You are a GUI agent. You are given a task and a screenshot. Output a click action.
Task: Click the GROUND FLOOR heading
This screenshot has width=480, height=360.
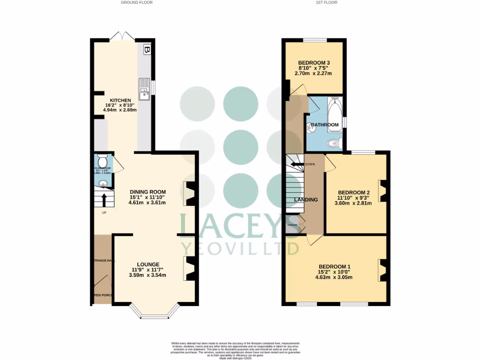click(136, 2)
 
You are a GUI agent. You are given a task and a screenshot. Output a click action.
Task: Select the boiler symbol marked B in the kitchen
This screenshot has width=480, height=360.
click(147, 49)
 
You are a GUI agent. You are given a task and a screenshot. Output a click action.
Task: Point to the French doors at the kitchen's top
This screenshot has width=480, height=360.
click(122, 36)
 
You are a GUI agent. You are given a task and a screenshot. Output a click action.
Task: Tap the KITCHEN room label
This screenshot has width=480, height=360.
click(120, 100)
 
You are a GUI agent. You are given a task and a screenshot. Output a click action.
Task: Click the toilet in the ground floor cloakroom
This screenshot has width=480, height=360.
click(104, 160)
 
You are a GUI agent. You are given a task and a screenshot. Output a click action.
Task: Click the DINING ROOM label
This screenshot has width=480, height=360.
click(148, 192)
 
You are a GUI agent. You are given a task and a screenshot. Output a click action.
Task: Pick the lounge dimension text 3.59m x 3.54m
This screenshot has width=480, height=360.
click(148, 275)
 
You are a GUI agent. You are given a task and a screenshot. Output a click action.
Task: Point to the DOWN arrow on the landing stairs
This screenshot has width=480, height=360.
click(297, 165)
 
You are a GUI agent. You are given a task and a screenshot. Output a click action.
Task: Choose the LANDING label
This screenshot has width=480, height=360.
click(306, 200)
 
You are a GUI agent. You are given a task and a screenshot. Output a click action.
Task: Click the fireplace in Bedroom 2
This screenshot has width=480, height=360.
click(382, 191)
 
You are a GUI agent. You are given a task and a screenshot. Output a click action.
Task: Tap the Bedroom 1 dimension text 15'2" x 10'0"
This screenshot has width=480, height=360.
click(333, 271)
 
